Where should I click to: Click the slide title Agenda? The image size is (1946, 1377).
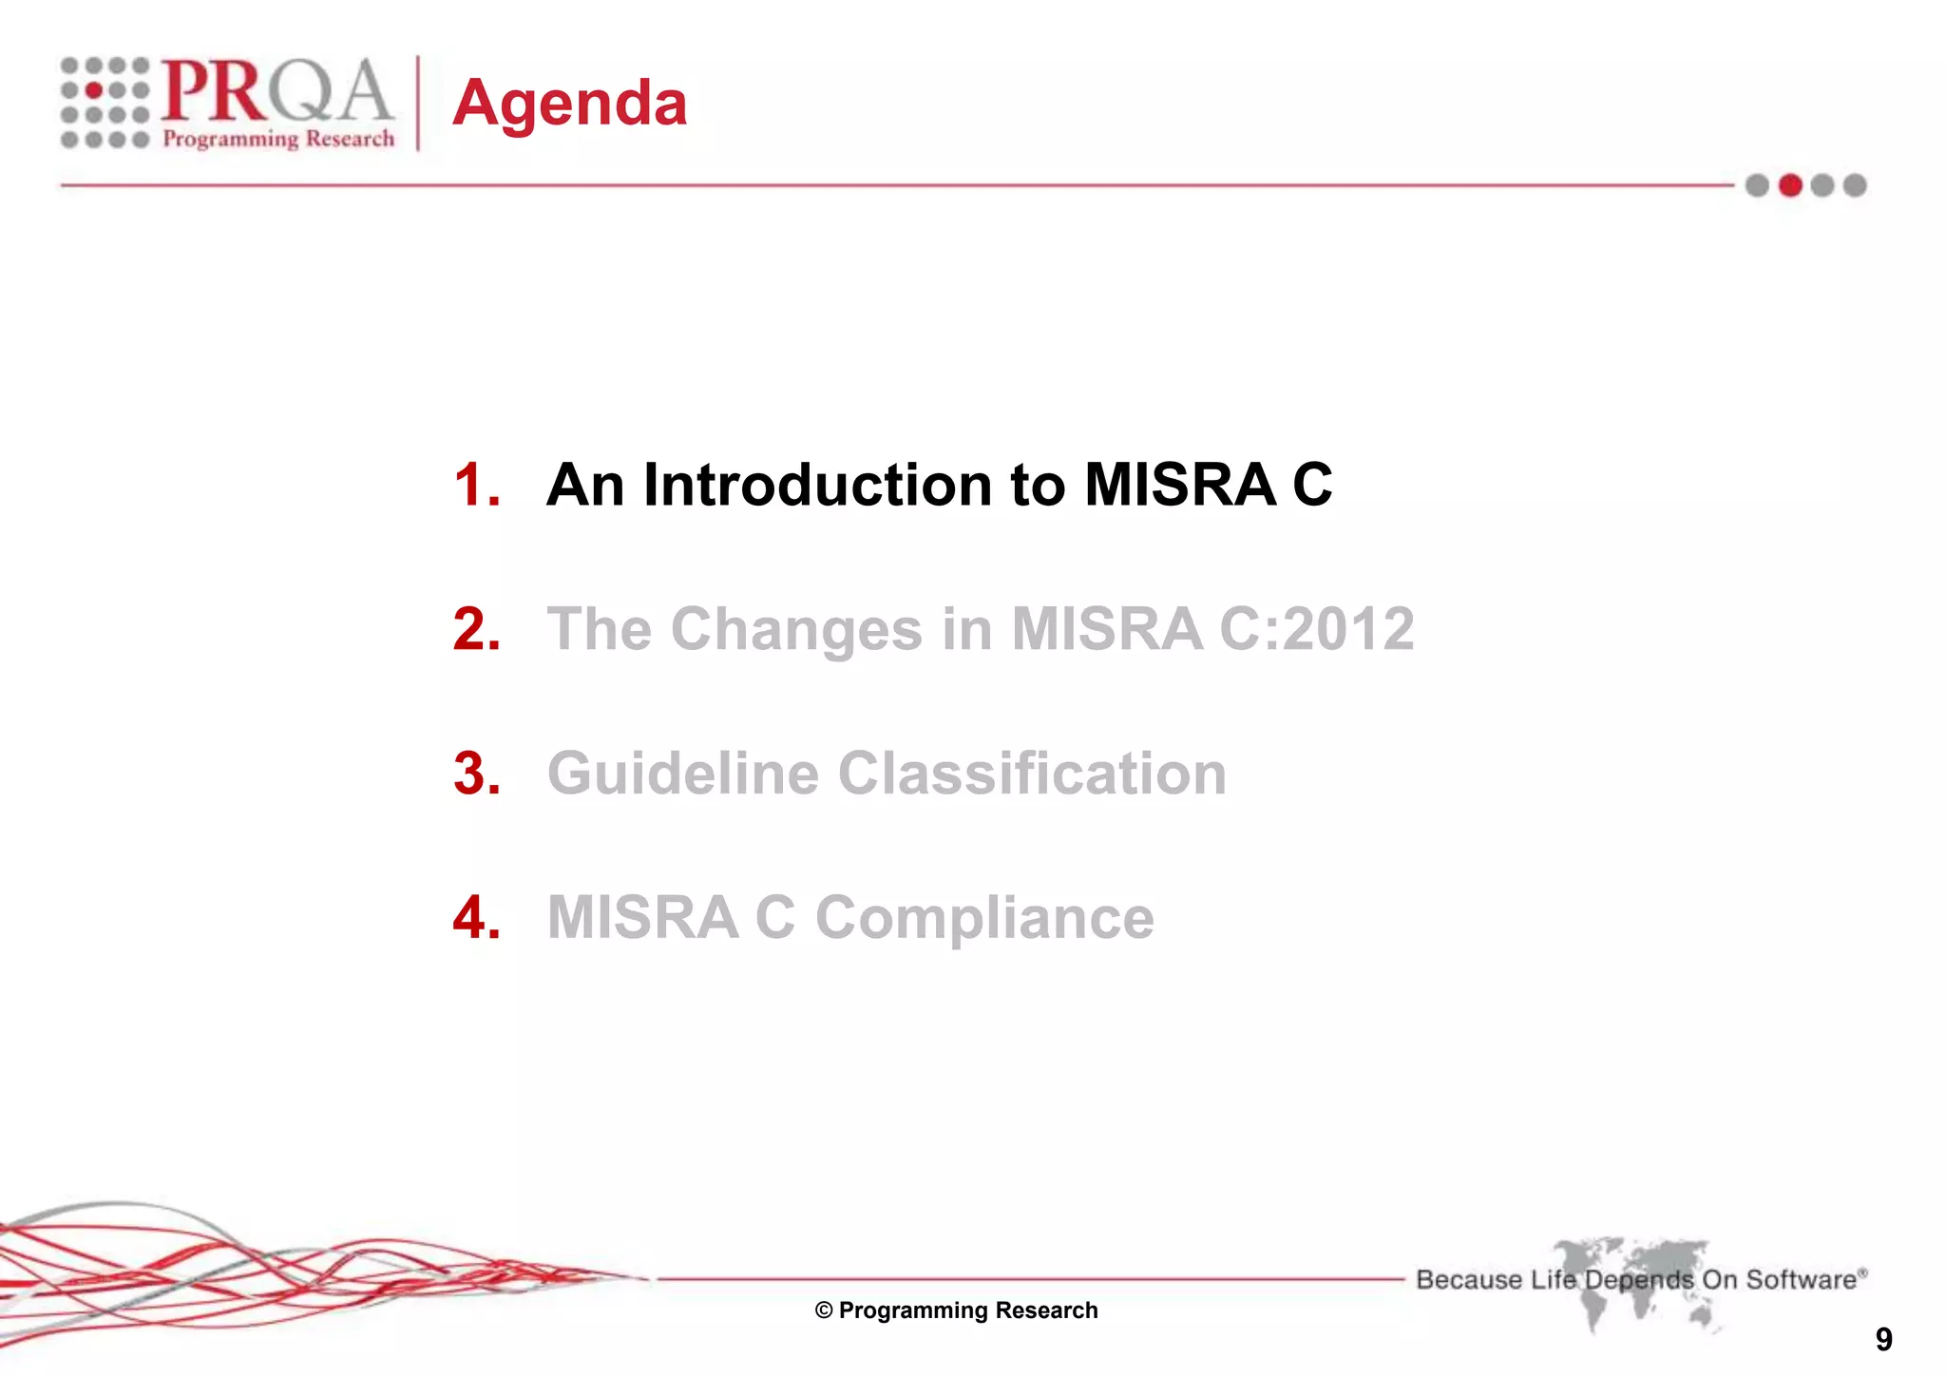[x=569, y=103]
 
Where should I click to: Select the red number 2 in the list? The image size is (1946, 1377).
[x=475, y=629]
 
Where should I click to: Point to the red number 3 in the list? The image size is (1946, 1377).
[x=475, y=774]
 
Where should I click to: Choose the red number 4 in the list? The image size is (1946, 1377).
[x=475, y=918]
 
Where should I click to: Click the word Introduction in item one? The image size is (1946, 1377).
[x=817, y=486]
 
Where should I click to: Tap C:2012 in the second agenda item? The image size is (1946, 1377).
[x=1316, y=629]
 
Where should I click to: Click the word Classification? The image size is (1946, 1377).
[x=1032, y=774]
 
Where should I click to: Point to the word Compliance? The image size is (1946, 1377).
[x=984, y=918]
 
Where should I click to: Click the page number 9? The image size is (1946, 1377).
[x=1883, y=1340]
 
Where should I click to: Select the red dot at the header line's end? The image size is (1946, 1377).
[x=1790, y=185]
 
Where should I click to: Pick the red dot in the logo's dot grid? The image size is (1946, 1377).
[x=94, y=90]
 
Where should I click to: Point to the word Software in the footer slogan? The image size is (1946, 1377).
[x=1801, y=1280]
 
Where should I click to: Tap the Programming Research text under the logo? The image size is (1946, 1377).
[x=278, y=139]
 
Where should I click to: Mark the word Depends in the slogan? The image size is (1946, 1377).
[x=1639, y=1280]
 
